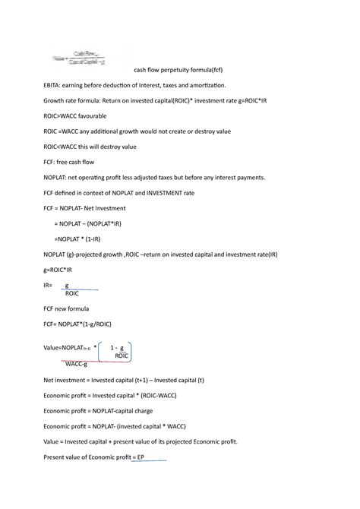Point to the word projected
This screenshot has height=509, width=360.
(x=103, y=251)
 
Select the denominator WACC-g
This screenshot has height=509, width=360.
(x=77, y=365)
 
